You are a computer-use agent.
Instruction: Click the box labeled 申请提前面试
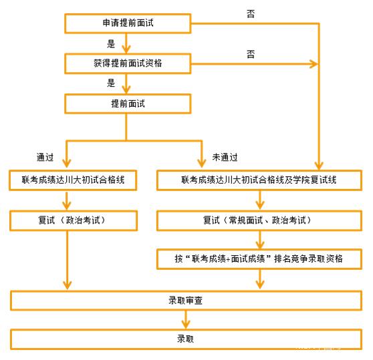coord(128,23)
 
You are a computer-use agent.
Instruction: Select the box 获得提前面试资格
coord(128,63)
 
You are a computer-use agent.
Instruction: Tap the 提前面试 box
coord(128,104)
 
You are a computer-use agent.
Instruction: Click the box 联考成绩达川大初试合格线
coord(73,180)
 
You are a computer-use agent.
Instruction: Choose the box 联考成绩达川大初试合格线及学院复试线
coord(259,180)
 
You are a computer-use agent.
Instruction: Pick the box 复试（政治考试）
coord(74,220)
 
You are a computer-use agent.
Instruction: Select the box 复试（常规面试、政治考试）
coord(259,220)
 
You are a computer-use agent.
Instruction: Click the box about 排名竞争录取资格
coord(259,259)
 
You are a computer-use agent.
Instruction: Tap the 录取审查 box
coord(186,301)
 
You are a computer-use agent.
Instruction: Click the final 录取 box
coord(186,339)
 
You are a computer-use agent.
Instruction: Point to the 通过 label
coord(45,158)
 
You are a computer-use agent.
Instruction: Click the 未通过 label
coord(225,158)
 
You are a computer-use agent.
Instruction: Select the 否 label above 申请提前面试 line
coord(251,14)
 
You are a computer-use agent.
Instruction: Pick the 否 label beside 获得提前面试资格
coord(251,54)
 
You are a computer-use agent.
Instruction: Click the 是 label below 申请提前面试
coord(111,44)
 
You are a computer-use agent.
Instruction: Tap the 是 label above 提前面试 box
coord(111,83)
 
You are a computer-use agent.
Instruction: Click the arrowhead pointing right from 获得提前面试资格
coord(314,64)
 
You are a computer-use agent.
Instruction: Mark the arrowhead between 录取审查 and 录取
coord(186,324)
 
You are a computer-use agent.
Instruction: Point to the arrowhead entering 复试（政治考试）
coord(67,206)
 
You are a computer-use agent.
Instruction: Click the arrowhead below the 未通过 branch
coord(202,163)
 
